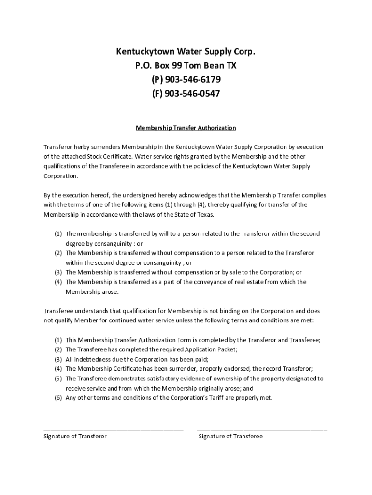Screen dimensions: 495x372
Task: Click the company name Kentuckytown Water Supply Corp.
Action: coord(186,51)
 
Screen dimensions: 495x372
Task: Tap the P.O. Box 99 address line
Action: coord(186,65)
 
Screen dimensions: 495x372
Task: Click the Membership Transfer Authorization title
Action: coord(186,128)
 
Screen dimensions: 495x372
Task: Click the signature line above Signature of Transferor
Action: coord(114,429)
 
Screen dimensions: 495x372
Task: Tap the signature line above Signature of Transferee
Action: coord(262,429)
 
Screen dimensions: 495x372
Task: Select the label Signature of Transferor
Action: coord(75,436)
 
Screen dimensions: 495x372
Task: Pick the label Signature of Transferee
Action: coord(230,436)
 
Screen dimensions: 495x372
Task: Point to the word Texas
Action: coord(203,214)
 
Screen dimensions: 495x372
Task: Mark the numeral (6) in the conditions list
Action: coord(58,398)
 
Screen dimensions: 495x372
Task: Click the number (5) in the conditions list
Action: coord(58,379)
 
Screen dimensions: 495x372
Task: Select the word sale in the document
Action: coord(220,272)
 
